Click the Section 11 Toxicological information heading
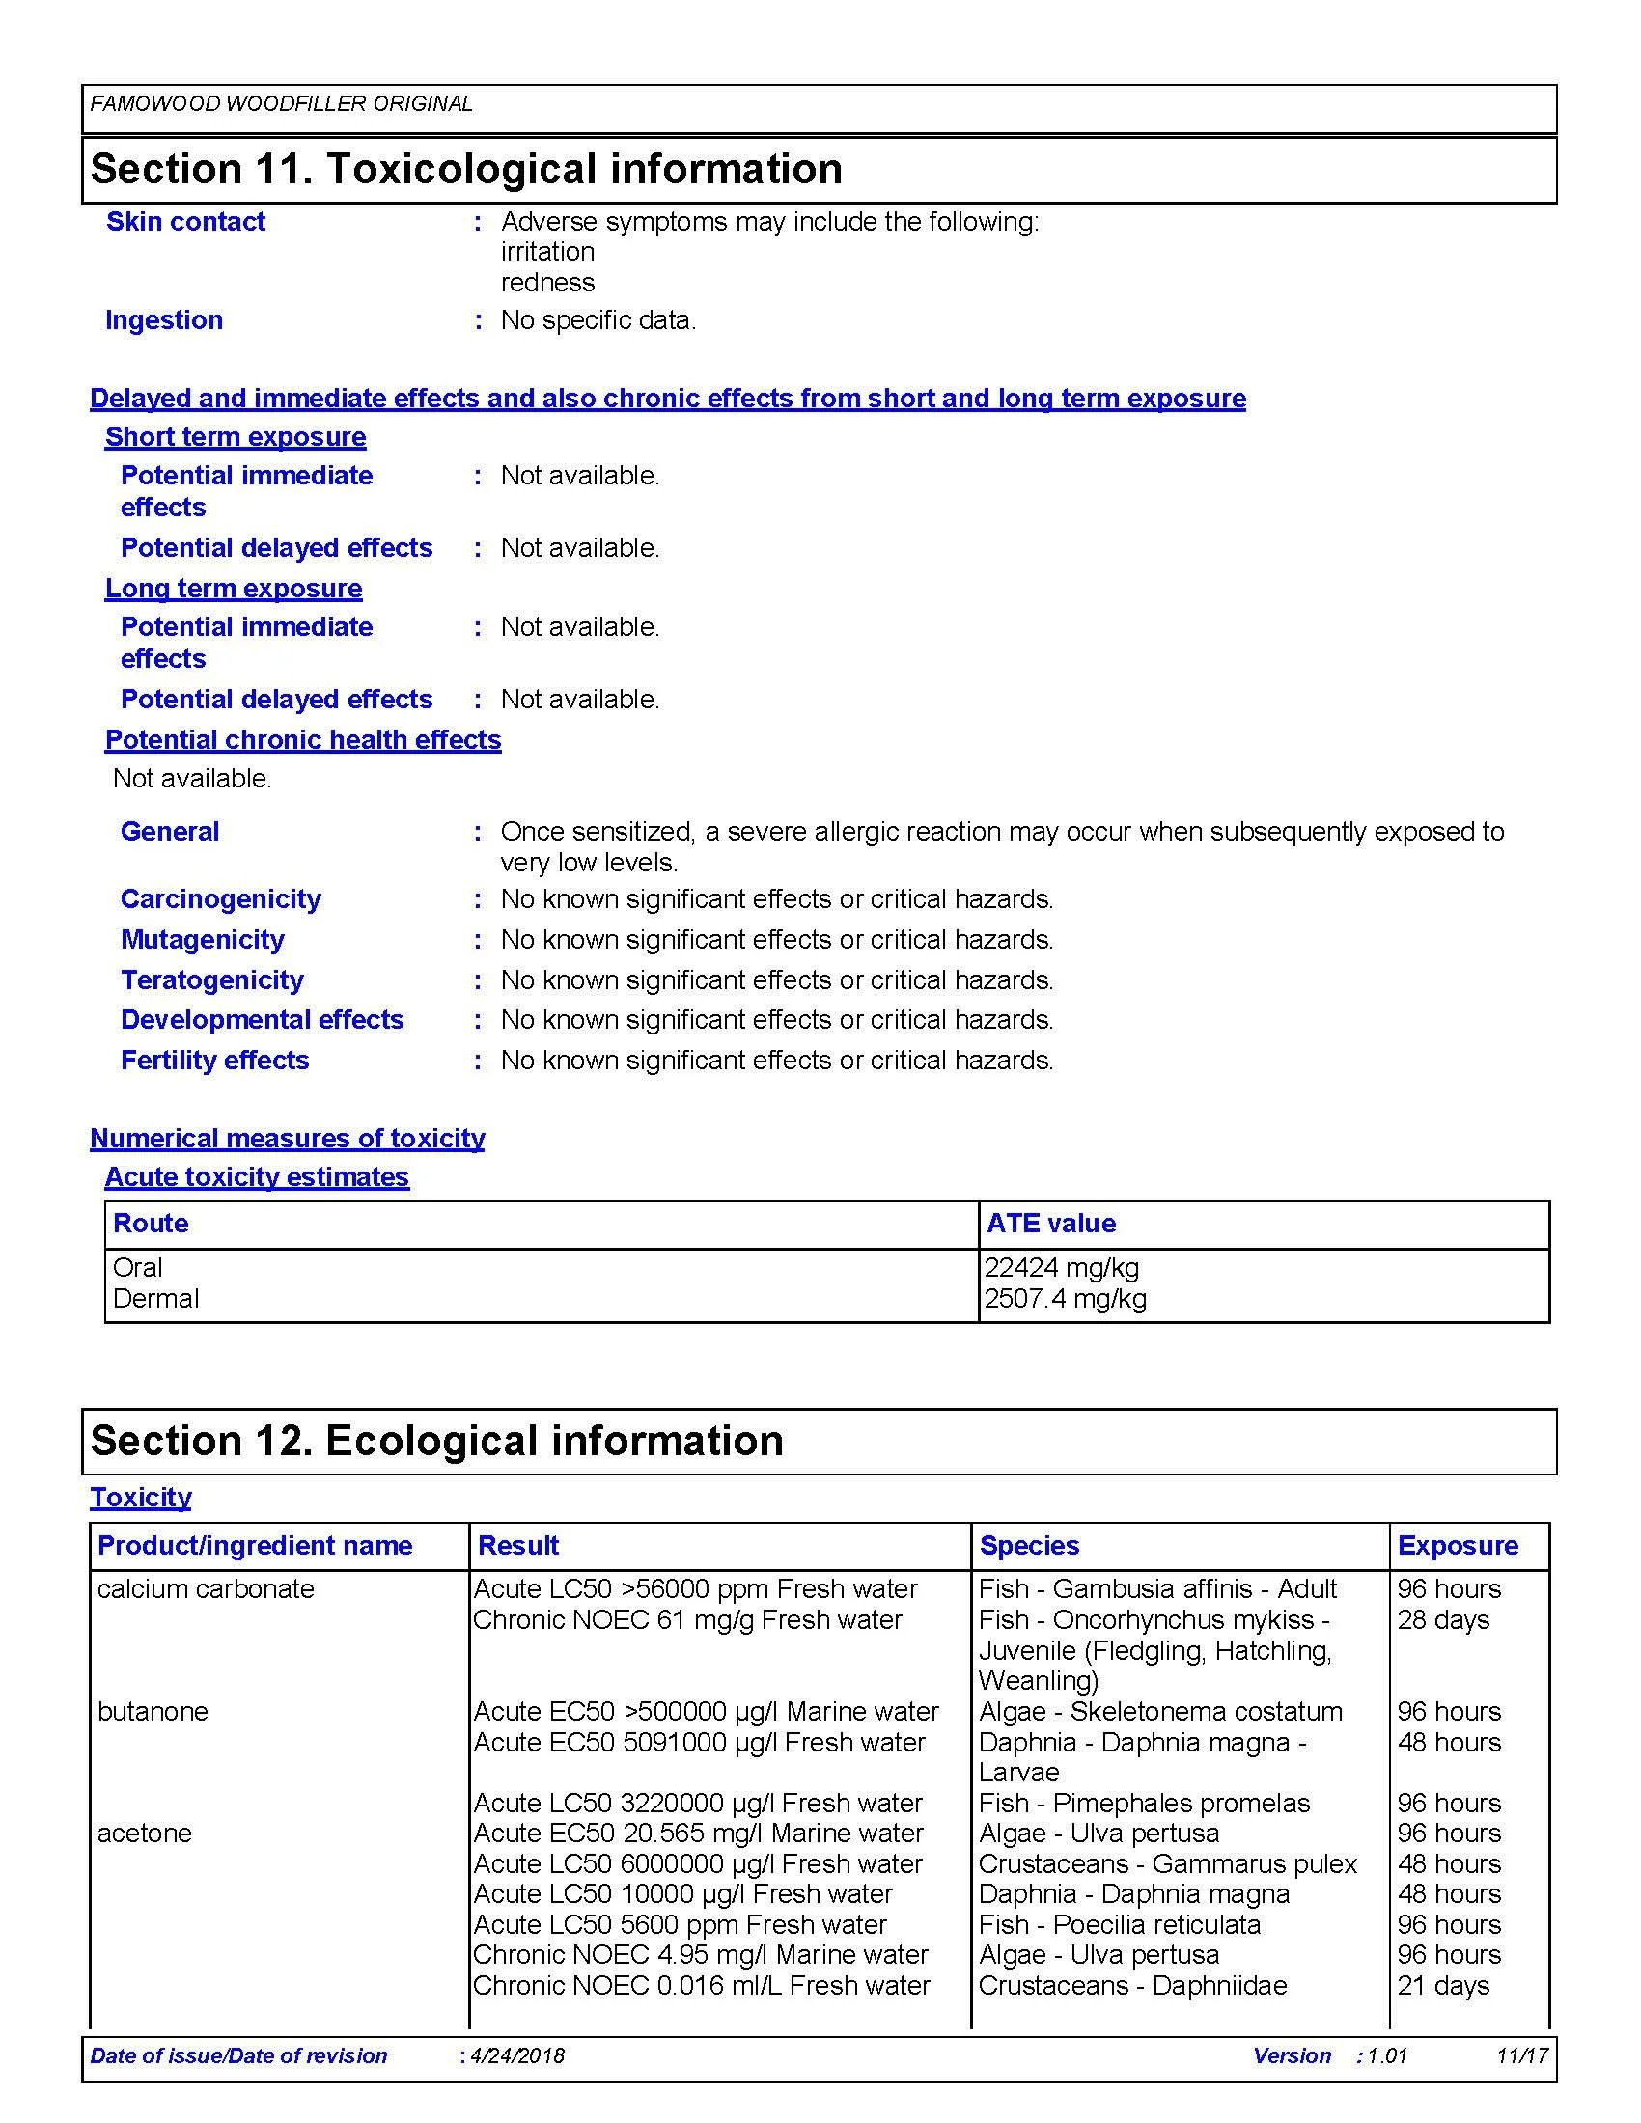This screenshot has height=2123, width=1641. [x=465, y=169]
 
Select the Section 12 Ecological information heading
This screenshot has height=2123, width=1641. [x=436, y=1441]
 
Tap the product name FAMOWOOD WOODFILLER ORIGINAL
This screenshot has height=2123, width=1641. [x=281, y=104]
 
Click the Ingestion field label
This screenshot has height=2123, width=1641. [x=163, y=319]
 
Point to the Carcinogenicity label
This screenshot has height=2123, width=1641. [x=220, y=899]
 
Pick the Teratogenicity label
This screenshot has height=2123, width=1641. [x=212, y=979]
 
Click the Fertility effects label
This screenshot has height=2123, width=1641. [x=214, y=1060]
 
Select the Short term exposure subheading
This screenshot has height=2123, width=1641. [x=236, y=437]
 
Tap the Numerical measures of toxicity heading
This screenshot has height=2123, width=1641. [x=287, y=1139]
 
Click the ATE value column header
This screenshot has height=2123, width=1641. [x=1051, y=1223]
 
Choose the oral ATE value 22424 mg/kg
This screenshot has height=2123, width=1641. [x=1062, y=1268]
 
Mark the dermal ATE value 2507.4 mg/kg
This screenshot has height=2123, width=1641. [x=1066, y=1299]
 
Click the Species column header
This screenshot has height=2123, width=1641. [x=1029, y=1546]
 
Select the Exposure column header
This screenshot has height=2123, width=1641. [x=1458, y=1546]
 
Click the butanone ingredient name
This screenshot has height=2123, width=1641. [x=153, y=1712]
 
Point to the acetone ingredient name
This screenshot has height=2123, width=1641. [x=144, y=1833]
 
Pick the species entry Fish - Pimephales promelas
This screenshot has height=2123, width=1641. [x=1144, y=1804]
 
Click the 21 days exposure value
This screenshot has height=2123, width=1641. [x=1443, y=1986]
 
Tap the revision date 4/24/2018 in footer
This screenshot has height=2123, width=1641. [x=516, y=2055]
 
